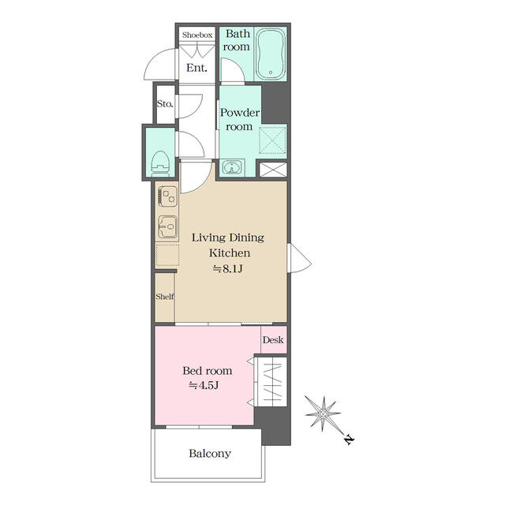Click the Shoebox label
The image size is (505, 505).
(x=197, y=35)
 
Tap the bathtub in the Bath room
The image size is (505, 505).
(x=269, y=55)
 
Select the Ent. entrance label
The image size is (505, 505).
(x=196, y=68)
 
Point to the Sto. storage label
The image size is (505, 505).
(x=164, y=103)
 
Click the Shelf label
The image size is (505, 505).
(x=164, y=297)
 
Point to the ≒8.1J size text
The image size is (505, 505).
(x=229, y=269)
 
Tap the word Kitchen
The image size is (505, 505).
(x=229, y=253)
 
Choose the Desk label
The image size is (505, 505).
(x=273, y=341)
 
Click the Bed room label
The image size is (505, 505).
(x=208, y=370)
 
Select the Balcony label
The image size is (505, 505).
(x=210, y=454)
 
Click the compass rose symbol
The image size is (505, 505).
(x=323, y=413)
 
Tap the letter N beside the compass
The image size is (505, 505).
(x=348, y=440)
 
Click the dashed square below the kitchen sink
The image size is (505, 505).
(x=166, y=256)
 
